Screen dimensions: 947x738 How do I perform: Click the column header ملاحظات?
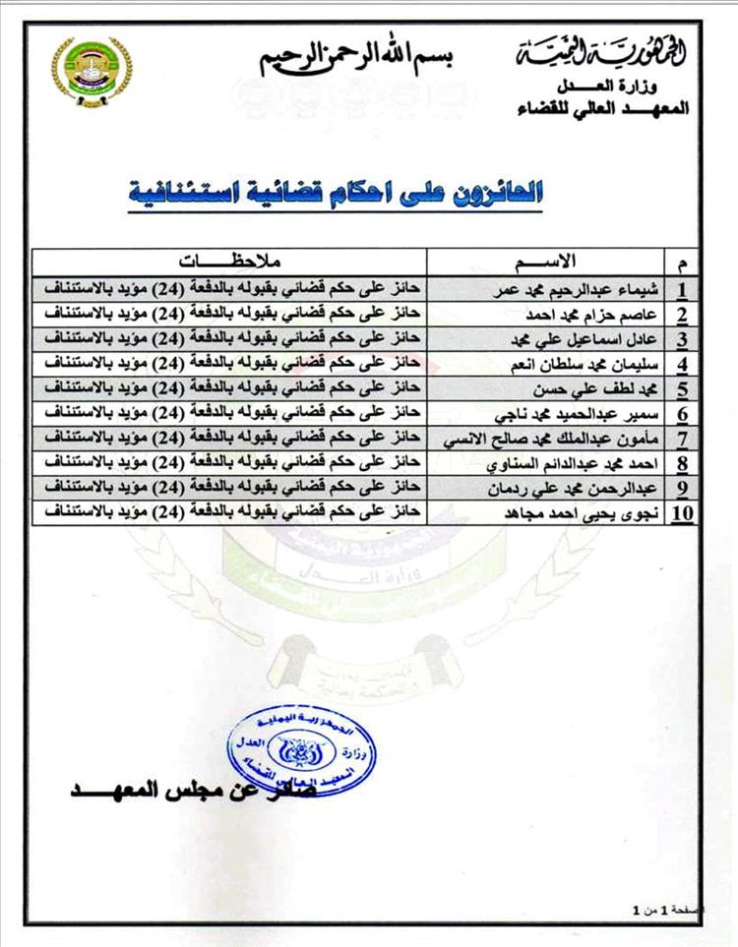click(x=228, y=262)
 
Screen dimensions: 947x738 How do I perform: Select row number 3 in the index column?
click(x=681, y=339)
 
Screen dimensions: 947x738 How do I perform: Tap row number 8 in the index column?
click(x=681, y=463)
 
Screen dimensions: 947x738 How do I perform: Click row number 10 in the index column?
click(x=681, y=513)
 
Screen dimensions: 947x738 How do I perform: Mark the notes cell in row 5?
click(x=228, y=388)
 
